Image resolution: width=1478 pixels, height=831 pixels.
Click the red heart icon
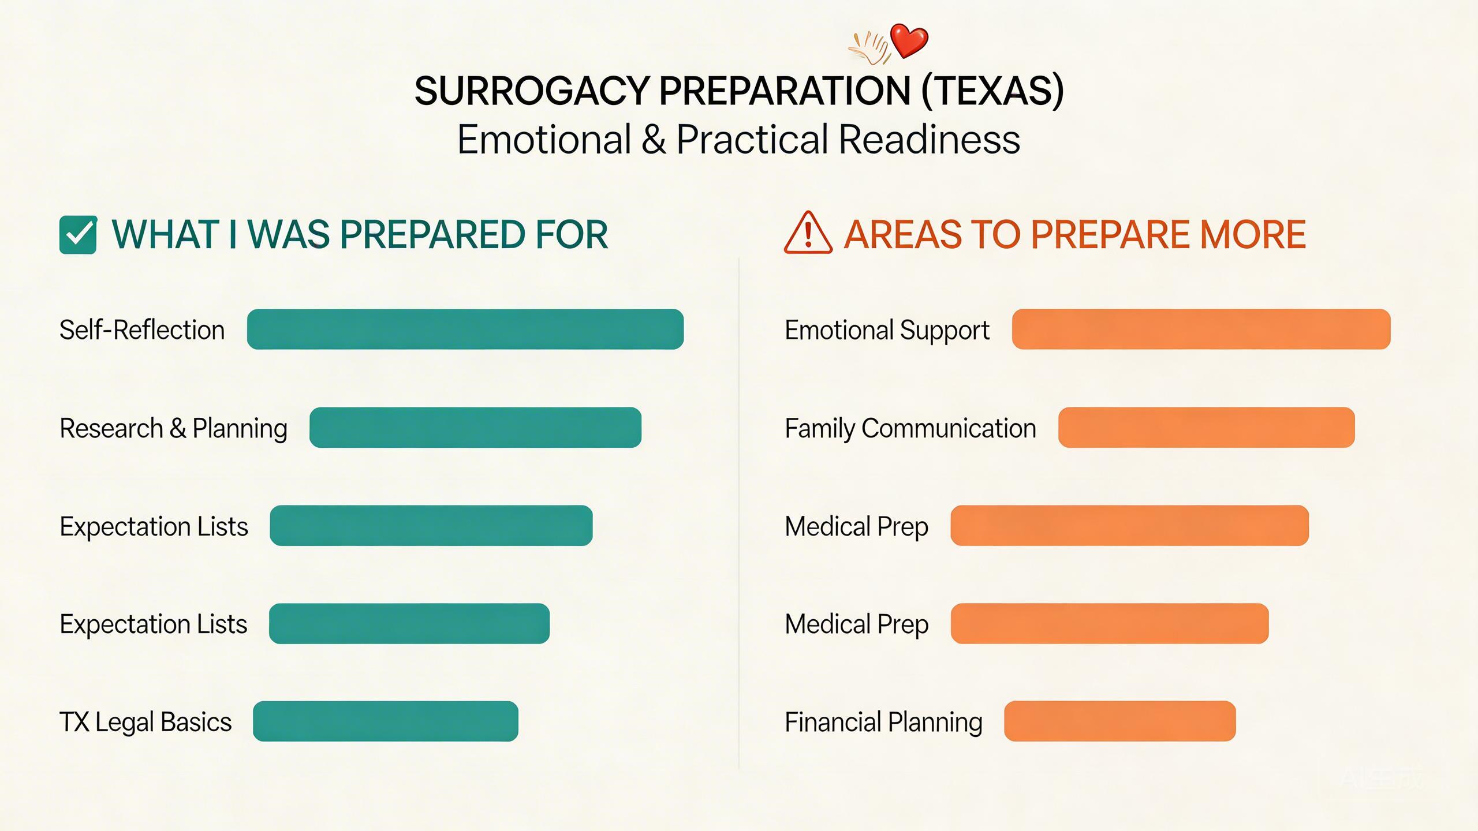point(909,40)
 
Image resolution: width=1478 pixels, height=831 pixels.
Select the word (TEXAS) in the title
point(992,91)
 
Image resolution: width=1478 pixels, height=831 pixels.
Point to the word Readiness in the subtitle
point(929,140)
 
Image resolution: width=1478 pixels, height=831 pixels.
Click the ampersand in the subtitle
point(654,140)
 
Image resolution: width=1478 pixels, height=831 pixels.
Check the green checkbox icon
point(78,235)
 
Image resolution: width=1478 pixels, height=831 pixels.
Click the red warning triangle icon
point(808,234)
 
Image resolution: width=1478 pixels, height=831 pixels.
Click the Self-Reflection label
point(142,330)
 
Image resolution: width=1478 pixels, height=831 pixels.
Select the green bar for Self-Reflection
point(465,330)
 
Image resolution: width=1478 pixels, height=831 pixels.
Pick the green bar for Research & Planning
point(475,428)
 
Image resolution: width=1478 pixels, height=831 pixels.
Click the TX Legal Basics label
point(145,722)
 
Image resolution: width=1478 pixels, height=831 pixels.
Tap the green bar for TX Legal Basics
point(385,721)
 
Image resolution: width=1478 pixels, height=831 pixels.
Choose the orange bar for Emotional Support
point(1201,330)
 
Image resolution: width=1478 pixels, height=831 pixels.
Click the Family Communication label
point(910,428)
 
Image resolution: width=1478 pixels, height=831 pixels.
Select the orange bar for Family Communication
point(1206,428)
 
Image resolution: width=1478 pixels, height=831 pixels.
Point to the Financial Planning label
point(883,722)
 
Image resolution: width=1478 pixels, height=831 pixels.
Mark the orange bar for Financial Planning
point(1119,721)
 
